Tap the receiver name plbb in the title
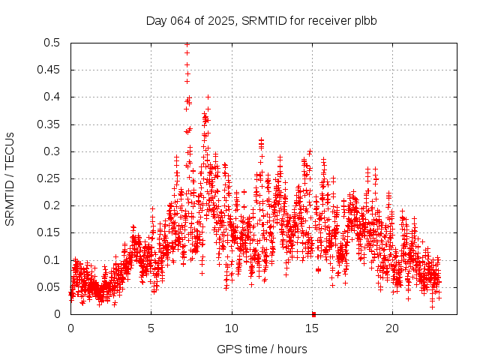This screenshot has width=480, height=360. point(364,21)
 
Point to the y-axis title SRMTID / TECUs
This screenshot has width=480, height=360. point(10,178)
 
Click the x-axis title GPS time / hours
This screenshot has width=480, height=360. point(262,349)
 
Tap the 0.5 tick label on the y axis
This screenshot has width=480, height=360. point(52,43)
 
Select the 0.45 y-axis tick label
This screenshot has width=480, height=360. point(49,70)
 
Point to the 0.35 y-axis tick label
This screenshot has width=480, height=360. point(49,124)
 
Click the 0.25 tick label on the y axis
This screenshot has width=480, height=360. point(49,178)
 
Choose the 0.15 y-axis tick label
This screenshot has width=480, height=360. point(49,232)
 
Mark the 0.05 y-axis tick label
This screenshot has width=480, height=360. point(49,287)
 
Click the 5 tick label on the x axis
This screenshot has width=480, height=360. point(151,328)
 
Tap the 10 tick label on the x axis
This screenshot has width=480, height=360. point(232,328)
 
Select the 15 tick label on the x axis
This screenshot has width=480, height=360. point(312,328)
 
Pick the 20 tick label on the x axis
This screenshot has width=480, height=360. point(392,328)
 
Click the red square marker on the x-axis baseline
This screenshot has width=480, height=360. point(313,314)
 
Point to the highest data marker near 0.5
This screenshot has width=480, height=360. point(187,44)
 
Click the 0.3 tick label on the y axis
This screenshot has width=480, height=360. point(52,151)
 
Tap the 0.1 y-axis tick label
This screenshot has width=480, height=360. point(52,259)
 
